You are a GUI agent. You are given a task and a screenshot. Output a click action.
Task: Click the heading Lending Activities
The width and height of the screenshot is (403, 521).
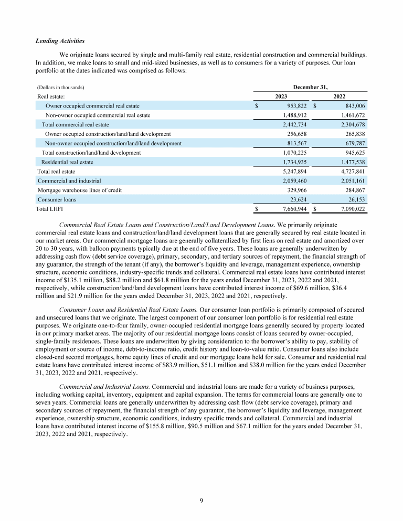[59, 41]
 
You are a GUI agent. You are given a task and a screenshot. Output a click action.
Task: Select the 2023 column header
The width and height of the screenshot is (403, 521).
[284, 97]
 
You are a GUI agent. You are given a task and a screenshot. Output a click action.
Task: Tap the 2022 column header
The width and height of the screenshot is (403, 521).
[342, 97]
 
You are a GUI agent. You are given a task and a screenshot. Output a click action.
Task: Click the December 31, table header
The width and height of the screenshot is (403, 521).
[313, 87]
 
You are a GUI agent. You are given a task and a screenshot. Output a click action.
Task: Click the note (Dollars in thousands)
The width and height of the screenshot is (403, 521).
[61, 87]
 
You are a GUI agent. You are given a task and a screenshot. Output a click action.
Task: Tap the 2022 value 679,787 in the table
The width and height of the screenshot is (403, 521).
[353, 143]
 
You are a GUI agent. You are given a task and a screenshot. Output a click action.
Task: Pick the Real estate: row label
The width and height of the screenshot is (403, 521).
[50, 97]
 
